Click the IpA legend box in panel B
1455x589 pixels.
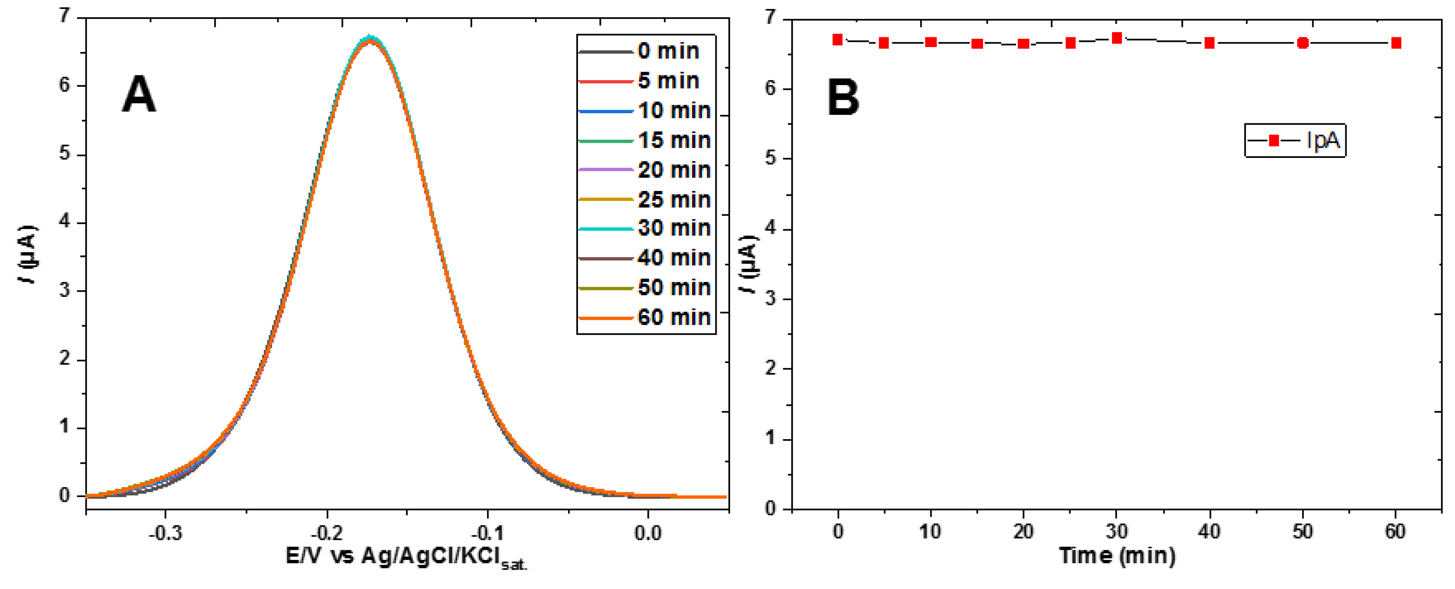click(x=1295, y=141)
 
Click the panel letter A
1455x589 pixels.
click(x=138, y=95)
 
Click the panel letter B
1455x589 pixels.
click(x=843, y=97)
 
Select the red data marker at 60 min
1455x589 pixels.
click(x=1396, y=43)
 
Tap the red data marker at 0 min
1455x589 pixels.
click(x=838, y=39)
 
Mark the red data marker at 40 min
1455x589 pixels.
click(x=1209, y=43)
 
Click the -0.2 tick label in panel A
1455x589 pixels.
click(x=326, y=533)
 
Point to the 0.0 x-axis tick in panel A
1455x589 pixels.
click(x=647, y=533)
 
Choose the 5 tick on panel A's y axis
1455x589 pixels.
click(x=64, y=153)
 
